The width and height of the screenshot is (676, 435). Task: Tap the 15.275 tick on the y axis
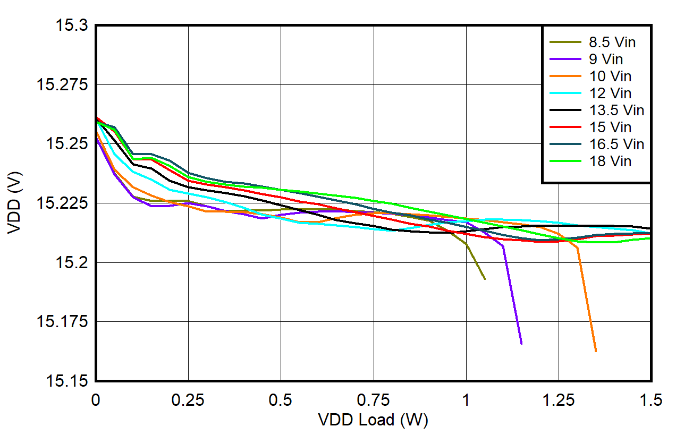(63, 85)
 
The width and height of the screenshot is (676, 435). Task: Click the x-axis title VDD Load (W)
(373, 420)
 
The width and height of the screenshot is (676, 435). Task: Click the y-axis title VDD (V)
(15, 203)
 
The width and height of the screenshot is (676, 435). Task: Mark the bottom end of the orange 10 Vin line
(596, 351)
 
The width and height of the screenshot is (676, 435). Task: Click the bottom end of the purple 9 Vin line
(521, 344)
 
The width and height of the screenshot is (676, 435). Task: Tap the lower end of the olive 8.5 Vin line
(485, 279)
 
